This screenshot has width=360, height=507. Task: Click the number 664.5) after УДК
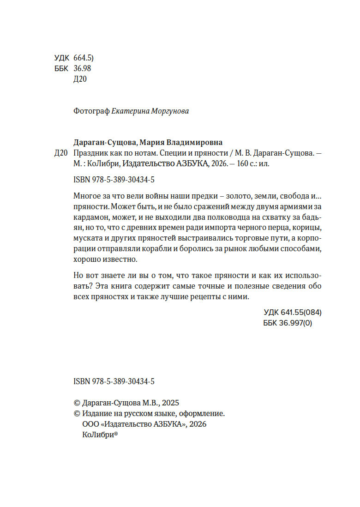84,58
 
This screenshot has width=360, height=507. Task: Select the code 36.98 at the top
82,68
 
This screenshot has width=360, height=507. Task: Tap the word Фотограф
91,111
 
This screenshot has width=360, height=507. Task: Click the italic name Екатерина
131,111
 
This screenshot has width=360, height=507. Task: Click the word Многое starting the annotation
87,194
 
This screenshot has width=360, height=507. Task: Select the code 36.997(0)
296,323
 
